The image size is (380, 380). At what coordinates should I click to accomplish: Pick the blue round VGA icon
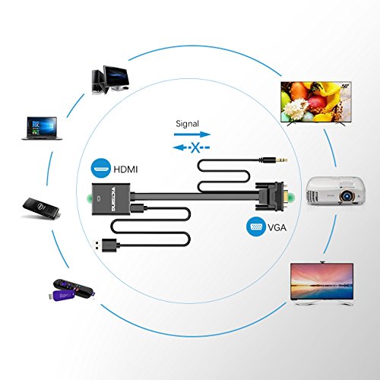[255, 226]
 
